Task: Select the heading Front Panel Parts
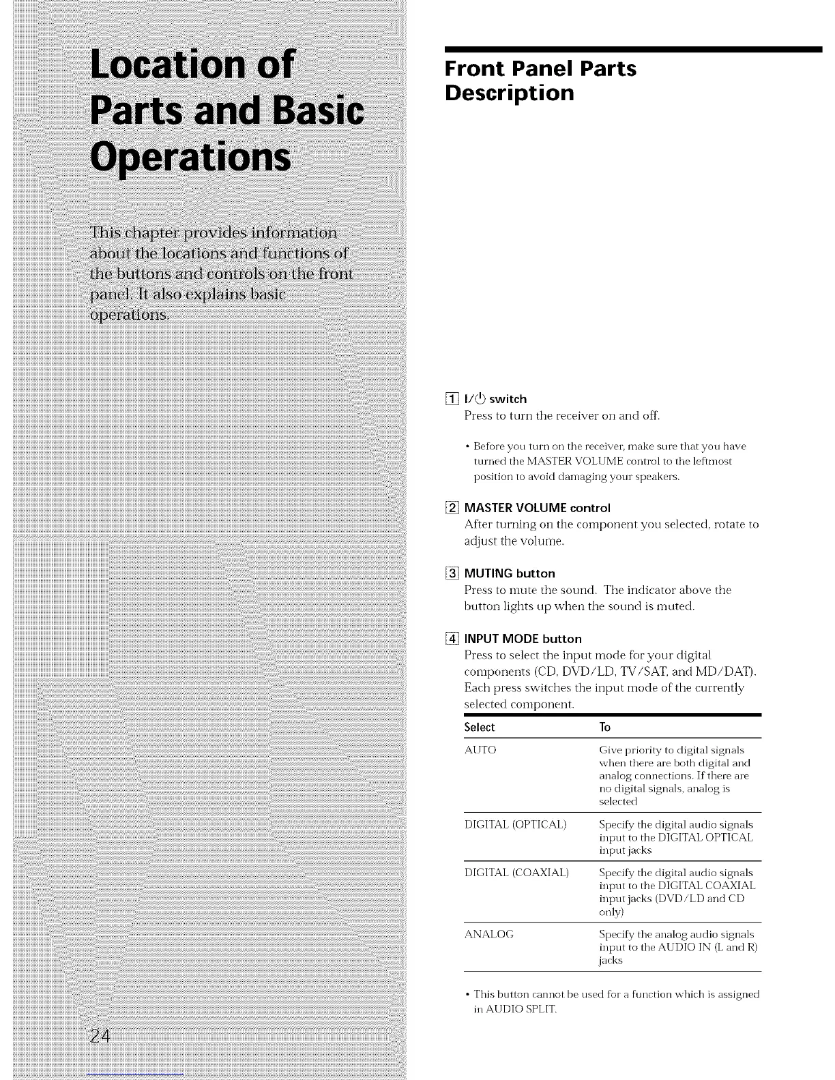540,69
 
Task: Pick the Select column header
479,727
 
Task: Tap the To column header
604,727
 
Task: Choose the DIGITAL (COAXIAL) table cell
516,873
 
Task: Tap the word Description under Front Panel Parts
509,93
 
